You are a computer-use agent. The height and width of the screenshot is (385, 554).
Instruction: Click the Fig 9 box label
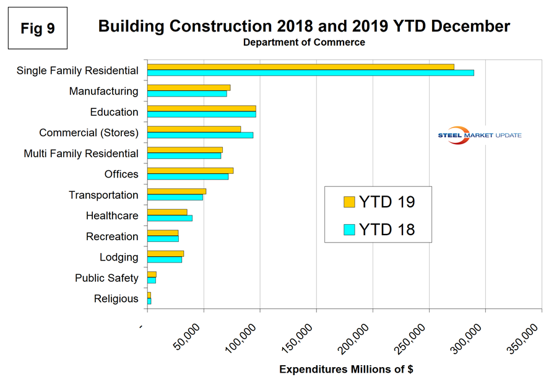point(37,28)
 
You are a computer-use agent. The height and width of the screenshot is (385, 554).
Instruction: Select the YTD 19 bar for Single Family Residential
point(300,67)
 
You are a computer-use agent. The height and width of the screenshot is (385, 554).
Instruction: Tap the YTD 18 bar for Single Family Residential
point(310,73)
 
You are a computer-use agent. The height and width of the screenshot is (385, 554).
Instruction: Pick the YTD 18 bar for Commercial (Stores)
point(200,135)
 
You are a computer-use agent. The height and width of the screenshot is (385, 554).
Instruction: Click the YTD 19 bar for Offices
point(190,171)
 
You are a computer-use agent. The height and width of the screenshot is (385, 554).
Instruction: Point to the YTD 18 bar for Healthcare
point(170,218)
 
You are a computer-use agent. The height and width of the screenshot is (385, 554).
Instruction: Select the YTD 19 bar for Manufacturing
point(189,88)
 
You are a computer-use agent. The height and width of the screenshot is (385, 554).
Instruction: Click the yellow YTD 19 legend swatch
point(349,202)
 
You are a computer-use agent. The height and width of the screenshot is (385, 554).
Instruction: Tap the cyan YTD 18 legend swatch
point(349,229)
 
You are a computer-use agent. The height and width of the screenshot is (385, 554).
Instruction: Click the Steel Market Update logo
point(480,136)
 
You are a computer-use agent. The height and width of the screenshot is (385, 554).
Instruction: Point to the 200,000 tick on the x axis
point(373,313)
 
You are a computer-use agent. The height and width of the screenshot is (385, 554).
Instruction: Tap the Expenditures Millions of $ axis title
point(346,370)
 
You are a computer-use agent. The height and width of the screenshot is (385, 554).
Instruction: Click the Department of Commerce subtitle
point(304,43)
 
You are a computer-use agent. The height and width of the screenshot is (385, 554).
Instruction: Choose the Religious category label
point(116,299)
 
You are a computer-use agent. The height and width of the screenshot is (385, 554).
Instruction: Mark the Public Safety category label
point(106,278)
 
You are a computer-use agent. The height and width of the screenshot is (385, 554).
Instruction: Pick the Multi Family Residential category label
point(81,154)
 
